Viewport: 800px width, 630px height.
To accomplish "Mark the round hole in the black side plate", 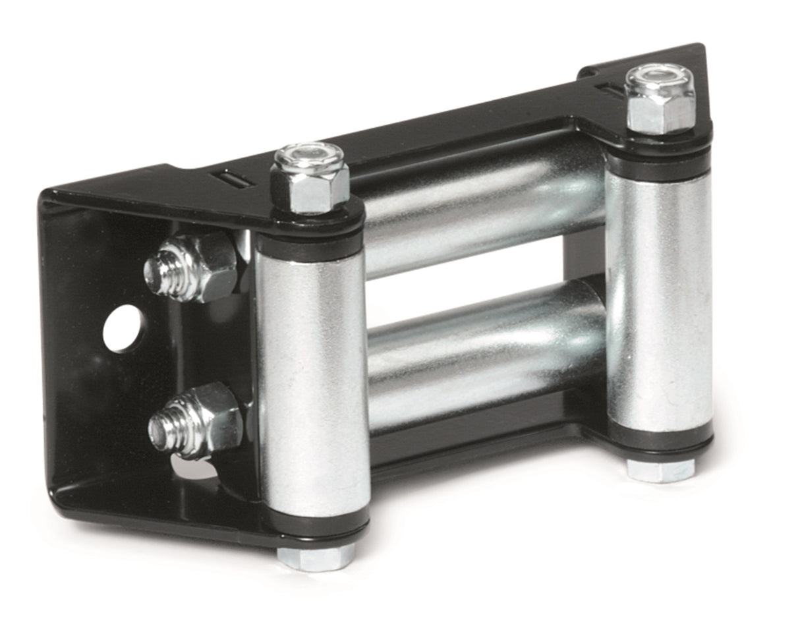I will tap(124, 328).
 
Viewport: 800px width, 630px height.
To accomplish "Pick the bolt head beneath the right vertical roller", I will tap(659, 469).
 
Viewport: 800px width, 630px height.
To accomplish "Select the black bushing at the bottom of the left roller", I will tap(316, 527).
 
